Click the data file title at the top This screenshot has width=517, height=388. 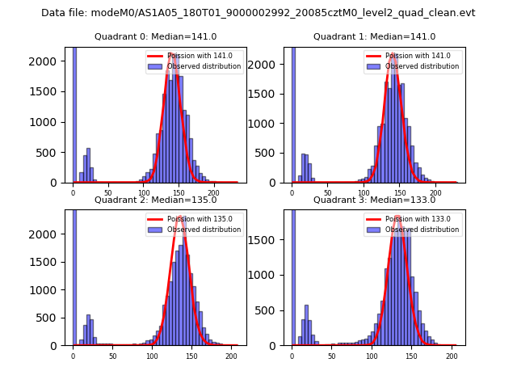pos(258,13)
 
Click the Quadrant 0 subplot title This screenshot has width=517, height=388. pos(156,36)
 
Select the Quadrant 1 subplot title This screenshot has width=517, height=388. pos(374,36)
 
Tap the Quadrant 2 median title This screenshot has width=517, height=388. pos(156,200)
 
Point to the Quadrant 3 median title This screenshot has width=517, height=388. pos(374,200)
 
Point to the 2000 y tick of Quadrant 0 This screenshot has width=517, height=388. pos(48,61)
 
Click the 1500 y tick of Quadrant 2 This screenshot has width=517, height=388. pos(48,262)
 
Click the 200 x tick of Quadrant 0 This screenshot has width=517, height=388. pos(214,193)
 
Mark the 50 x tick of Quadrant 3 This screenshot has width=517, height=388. pos(331,356)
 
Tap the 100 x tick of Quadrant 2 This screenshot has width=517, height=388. pos(152,356)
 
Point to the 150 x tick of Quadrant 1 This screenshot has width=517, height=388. pos(399,193)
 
